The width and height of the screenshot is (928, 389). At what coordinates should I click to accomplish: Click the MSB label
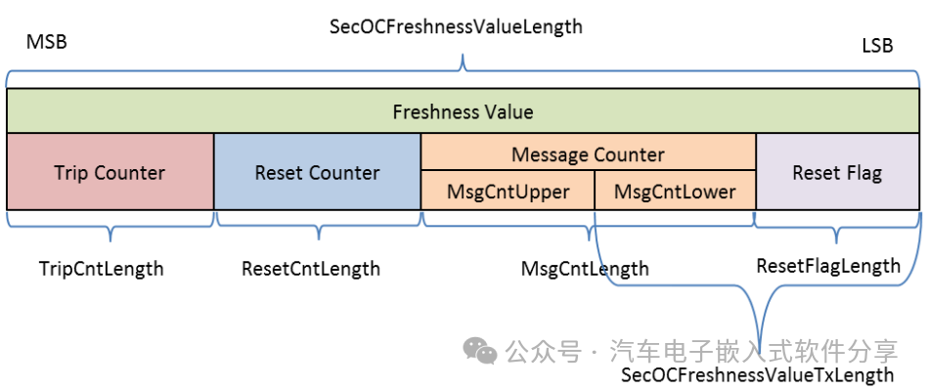pos(47,43)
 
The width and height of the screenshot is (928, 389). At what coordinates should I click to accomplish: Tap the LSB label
pos(877,46)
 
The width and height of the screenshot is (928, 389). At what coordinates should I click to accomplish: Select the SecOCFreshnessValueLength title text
pos(456,26)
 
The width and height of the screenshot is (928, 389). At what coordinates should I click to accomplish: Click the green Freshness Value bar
pos(464,111)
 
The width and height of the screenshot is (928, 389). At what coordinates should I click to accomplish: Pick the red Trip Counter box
pos(110,171)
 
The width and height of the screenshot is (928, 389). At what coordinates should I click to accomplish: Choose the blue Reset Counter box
pos(317,171)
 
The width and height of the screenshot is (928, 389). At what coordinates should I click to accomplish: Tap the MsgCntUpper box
pos(508,191)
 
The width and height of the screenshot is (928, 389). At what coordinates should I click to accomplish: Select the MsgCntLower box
pos(676,191)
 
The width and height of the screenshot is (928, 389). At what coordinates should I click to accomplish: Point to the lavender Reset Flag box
pos(838,171)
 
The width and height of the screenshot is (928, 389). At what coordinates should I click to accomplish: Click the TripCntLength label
pos(101,269)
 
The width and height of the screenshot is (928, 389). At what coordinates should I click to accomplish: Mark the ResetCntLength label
pos(311,269)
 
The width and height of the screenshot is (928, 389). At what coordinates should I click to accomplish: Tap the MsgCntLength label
pos(585,269)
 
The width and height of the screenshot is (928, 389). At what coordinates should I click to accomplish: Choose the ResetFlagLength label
pos(828,266)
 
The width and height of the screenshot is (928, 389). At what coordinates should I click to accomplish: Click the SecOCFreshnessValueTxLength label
pos(757,374)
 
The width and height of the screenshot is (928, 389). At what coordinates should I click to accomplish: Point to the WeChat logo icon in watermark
pos(480,351)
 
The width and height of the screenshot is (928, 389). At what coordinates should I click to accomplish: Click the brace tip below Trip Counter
pos(110,240)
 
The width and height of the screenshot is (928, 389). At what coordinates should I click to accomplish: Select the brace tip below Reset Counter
pos(319,238)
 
